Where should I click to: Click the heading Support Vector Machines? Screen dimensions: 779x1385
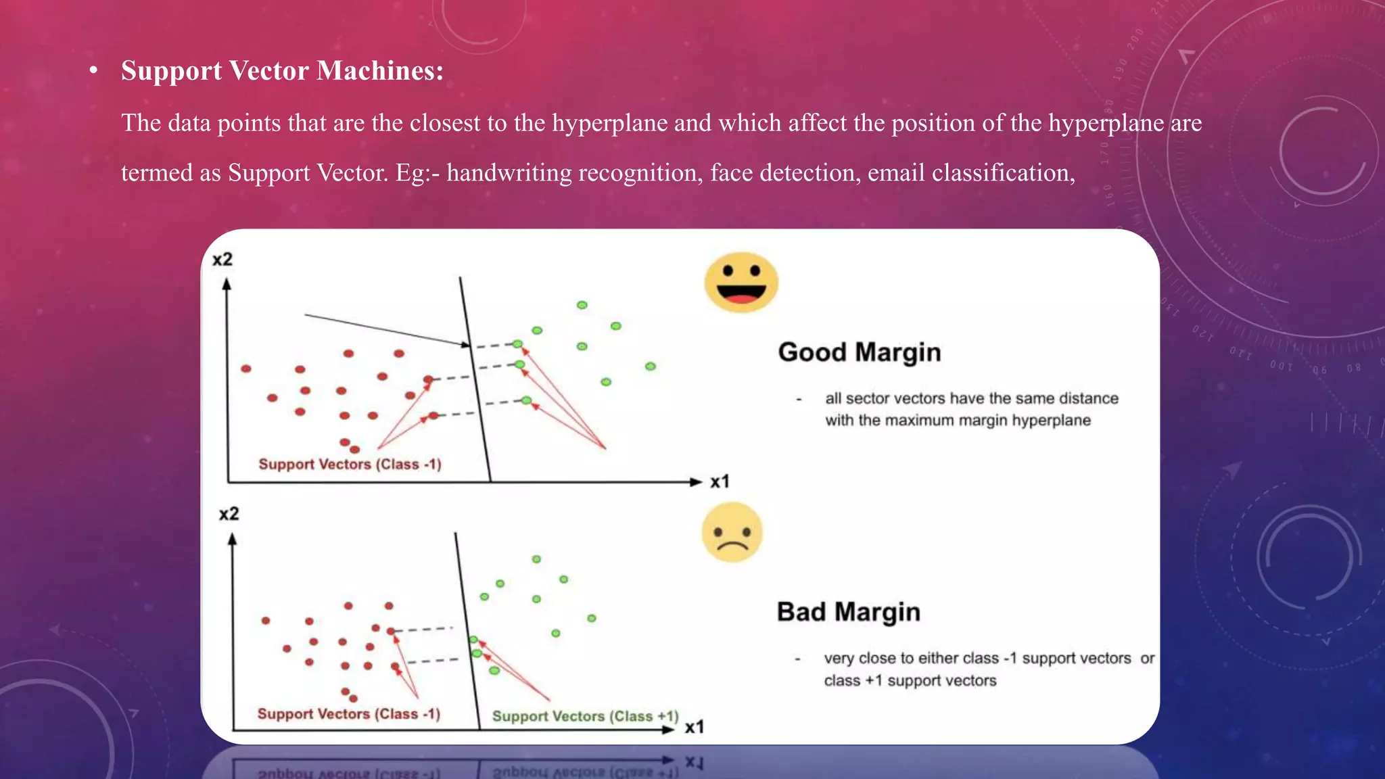pos(282,71)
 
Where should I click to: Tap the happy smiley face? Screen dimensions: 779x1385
pos(741,282)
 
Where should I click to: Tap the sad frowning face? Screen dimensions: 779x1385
pos(732,532)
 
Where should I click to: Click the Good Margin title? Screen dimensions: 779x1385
pos(859,352)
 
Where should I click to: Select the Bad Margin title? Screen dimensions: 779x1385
pos(848,612)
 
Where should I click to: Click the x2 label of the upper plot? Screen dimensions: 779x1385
pos(222,260)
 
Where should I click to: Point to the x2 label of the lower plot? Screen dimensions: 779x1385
pos(229,514)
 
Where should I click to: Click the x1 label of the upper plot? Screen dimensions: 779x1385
pos(720,481)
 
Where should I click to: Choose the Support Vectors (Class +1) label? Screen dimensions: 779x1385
pos(585,716)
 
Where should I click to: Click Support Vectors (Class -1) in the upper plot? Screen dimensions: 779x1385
pos(350,465)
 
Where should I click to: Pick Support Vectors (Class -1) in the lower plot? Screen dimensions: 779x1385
pos(348,714)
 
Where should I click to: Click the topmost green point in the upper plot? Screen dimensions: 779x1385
pos(582,305)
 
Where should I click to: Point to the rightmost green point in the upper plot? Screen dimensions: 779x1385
pos(650,367)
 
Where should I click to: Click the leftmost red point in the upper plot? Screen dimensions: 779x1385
pos(246,369)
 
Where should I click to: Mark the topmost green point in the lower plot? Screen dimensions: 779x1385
pos(536,559)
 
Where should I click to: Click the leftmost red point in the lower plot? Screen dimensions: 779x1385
pos(266,620)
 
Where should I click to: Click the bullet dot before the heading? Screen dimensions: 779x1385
pos(94,71)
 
